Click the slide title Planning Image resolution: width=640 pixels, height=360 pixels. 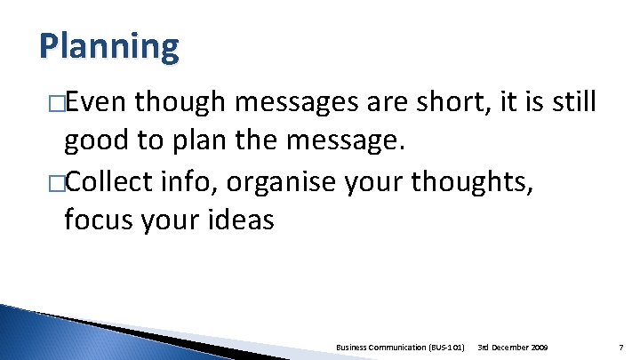[x=108, y=45]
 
